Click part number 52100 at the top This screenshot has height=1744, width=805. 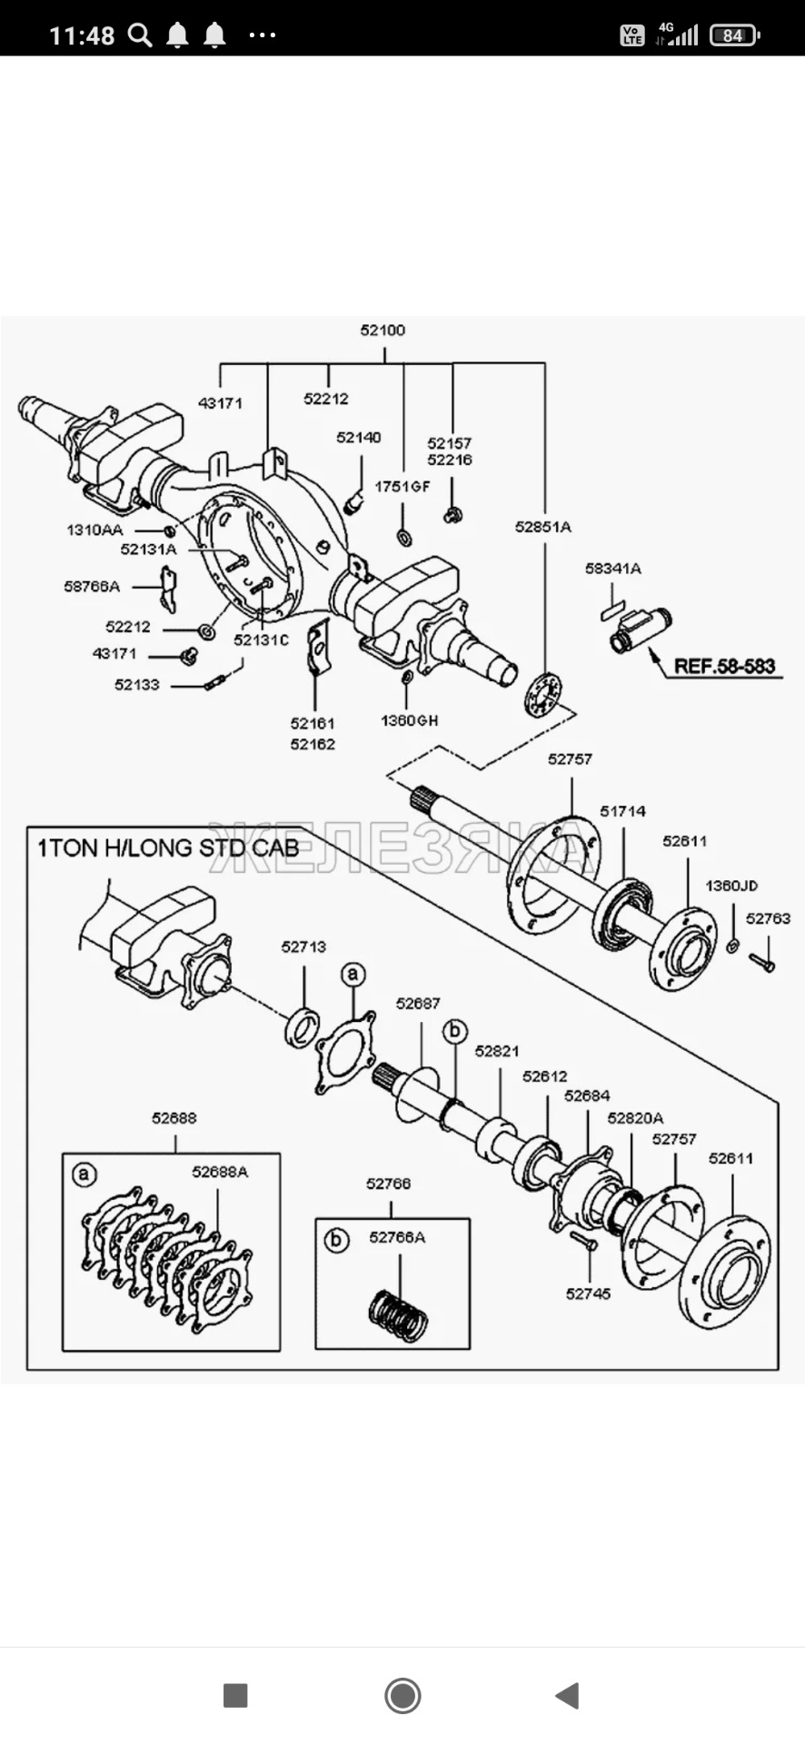tap(383, 330)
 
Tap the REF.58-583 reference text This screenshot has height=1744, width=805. tap(724, 666)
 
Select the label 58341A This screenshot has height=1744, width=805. tap(612, 569)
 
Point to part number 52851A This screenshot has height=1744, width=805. tap(542, 527)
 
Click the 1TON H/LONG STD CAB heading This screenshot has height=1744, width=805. tap(168, 848)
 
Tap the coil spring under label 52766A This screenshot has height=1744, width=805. tap(398, 1315)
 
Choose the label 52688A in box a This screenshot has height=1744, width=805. tap(220, 1172)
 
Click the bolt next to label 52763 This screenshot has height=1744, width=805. tap(762, 961)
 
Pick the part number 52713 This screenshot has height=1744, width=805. tap(303, 946)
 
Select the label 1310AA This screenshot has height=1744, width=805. tap(94, 530)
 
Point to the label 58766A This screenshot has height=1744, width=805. tap(92, 587)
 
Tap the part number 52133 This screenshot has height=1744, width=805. tap(137, 685)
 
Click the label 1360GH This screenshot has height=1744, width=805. tap(409, 720)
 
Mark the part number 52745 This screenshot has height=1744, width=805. tap(588, 1293)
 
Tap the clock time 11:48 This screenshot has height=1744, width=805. tap(82, 35)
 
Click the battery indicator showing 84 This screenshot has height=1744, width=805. tap(733, 35)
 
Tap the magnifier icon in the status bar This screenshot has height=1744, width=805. tap(140, 35)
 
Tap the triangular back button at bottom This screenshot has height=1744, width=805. tap(568, 1695)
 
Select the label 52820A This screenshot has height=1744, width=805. tap(635, 1118)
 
